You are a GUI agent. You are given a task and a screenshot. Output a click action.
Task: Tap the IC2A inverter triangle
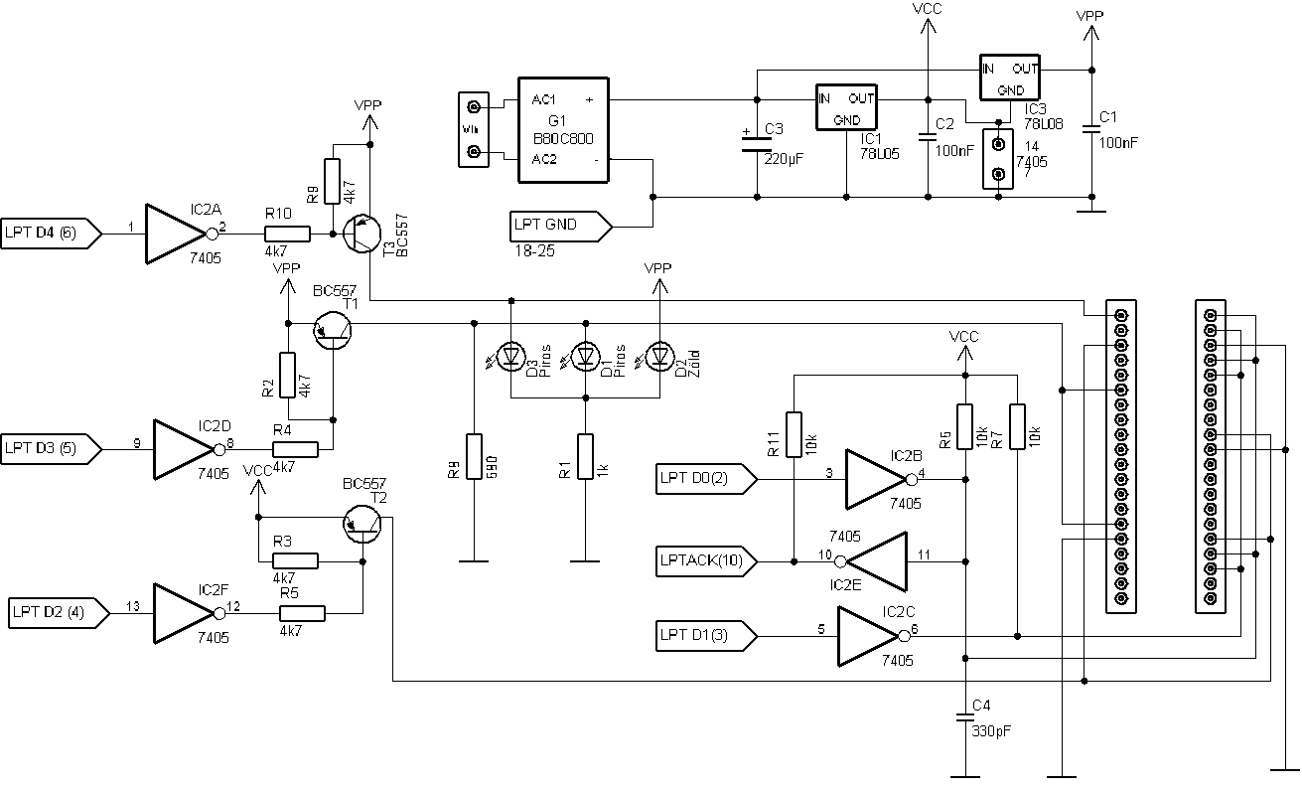tap(175, 235)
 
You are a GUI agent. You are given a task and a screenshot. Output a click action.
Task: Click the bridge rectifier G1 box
tap(562, 129)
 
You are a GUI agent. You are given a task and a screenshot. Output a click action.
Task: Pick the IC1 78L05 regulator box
tap(846, 107)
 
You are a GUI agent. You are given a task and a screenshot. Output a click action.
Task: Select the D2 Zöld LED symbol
tap(659, 355)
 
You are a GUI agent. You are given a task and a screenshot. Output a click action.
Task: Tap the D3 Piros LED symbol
tap(510, 355)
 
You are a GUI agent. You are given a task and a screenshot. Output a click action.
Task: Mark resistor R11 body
tap(794, 434)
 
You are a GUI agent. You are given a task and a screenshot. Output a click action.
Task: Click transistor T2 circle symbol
tap(362, 523)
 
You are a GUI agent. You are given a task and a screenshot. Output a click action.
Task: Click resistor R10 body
tap(287, 235)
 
